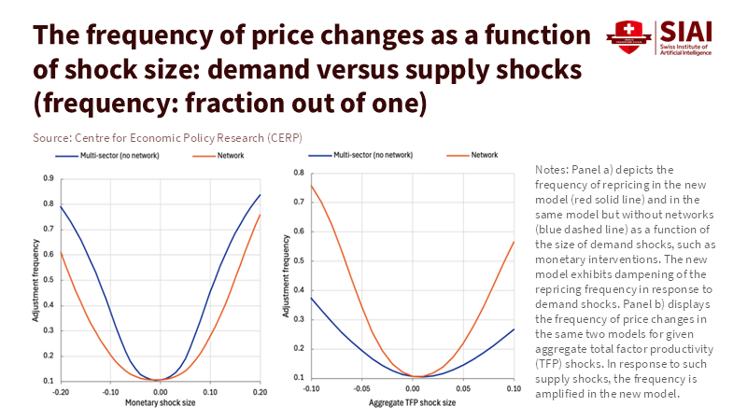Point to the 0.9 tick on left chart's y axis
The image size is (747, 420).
[x=45, y=177]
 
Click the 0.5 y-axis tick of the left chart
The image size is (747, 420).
[x=45, y=279]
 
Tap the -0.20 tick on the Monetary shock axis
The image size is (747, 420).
[x=63, y=392]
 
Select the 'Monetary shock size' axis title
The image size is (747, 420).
[x=160, y=403]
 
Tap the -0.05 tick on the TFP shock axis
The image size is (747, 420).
[x=361, y=387]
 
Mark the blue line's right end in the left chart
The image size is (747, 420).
[x=260, y=195]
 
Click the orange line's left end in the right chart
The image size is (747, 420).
[x=311, y=184]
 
